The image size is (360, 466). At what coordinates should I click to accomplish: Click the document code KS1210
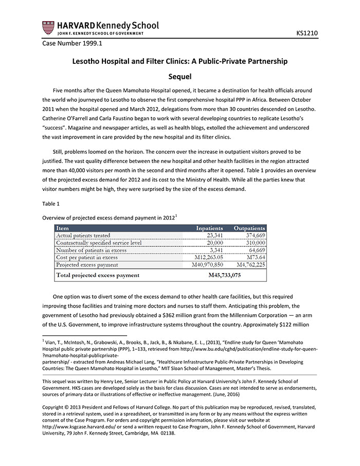pos(307,33)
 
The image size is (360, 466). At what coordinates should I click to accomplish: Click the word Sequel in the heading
pos(179,77)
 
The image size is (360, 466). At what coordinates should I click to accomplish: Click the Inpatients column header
pos(209,228)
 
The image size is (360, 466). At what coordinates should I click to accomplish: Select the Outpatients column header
pos(249,228)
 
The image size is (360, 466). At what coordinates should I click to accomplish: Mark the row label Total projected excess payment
pos(98,275)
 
